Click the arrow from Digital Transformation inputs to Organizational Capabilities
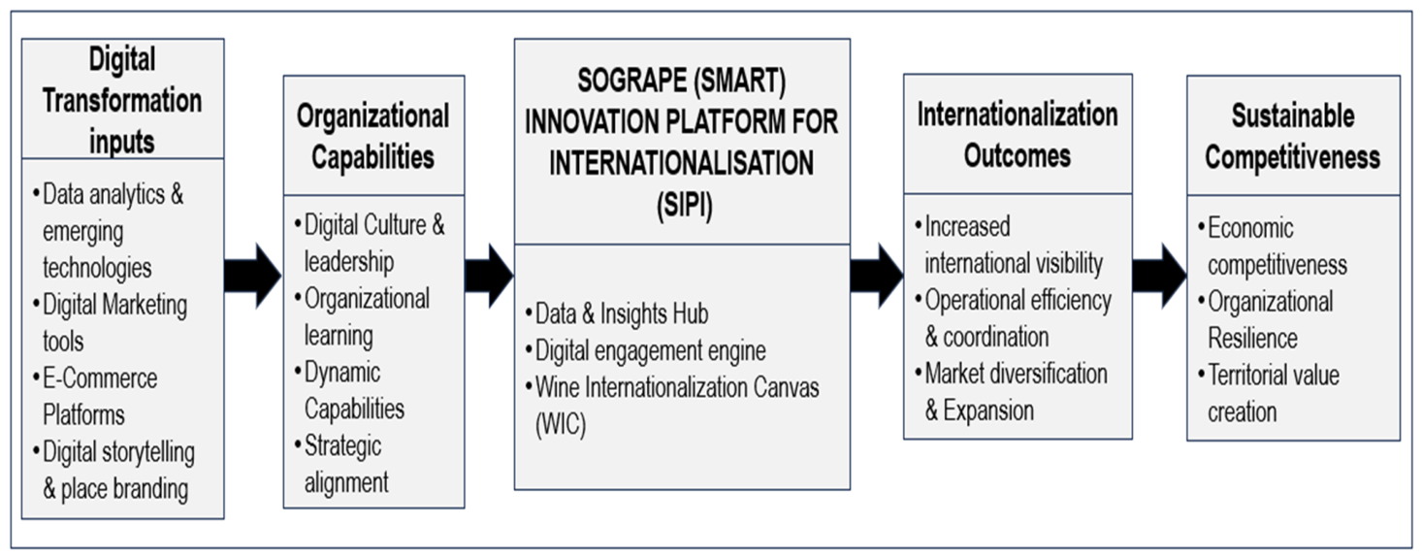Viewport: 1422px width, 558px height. click(252, 276)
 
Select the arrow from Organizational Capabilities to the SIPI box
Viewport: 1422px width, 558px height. click(489, 276)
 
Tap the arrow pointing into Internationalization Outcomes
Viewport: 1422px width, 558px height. click(877, 276)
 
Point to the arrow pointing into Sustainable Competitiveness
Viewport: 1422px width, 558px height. click(1159, 276)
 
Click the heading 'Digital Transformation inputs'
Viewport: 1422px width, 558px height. click(122, 100)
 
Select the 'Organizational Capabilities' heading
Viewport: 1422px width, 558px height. click(373, 136)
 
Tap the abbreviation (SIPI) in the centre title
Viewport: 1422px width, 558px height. click(685, 205)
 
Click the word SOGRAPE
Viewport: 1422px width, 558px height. click(631, 81)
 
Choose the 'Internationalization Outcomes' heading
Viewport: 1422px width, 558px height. click(1018, 135)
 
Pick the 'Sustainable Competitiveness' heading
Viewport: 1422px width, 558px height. click(1292, 136)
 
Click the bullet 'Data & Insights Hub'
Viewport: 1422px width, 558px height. click(616, 313)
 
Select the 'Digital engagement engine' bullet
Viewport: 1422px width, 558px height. click(646, 350)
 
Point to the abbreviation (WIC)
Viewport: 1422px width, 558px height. click(561, 424)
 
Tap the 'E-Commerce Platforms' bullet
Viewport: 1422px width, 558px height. click(95, 396)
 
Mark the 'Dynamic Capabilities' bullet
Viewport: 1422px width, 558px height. click(350, 390)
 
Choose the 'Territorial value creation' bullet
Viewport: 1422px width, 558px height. click(1269, 393)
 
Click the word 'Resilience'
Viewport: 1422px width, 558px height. click(1252, 339)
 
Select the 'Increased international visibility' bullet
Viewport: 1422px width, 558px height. click(1010, 245)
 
